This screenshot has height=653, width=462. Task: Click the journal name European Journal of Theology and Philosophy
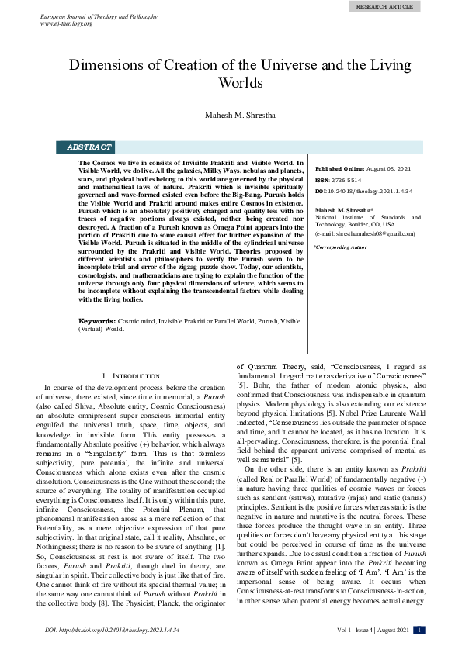pos(99,16)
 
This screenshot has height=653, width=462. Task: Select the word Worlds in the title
pos(231,83)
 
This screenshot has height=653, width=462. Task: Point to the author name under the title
pos(231,116)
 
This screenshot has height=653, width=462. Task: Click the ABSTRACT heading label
pos(89,147)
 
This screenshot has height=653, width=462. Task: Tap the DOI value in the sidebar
pos(373,190)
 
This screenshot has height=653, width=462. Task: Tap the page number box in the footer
pos(420,631)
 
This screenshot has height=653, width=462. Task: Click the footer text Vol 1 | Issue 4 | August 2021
pos(372,631)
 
